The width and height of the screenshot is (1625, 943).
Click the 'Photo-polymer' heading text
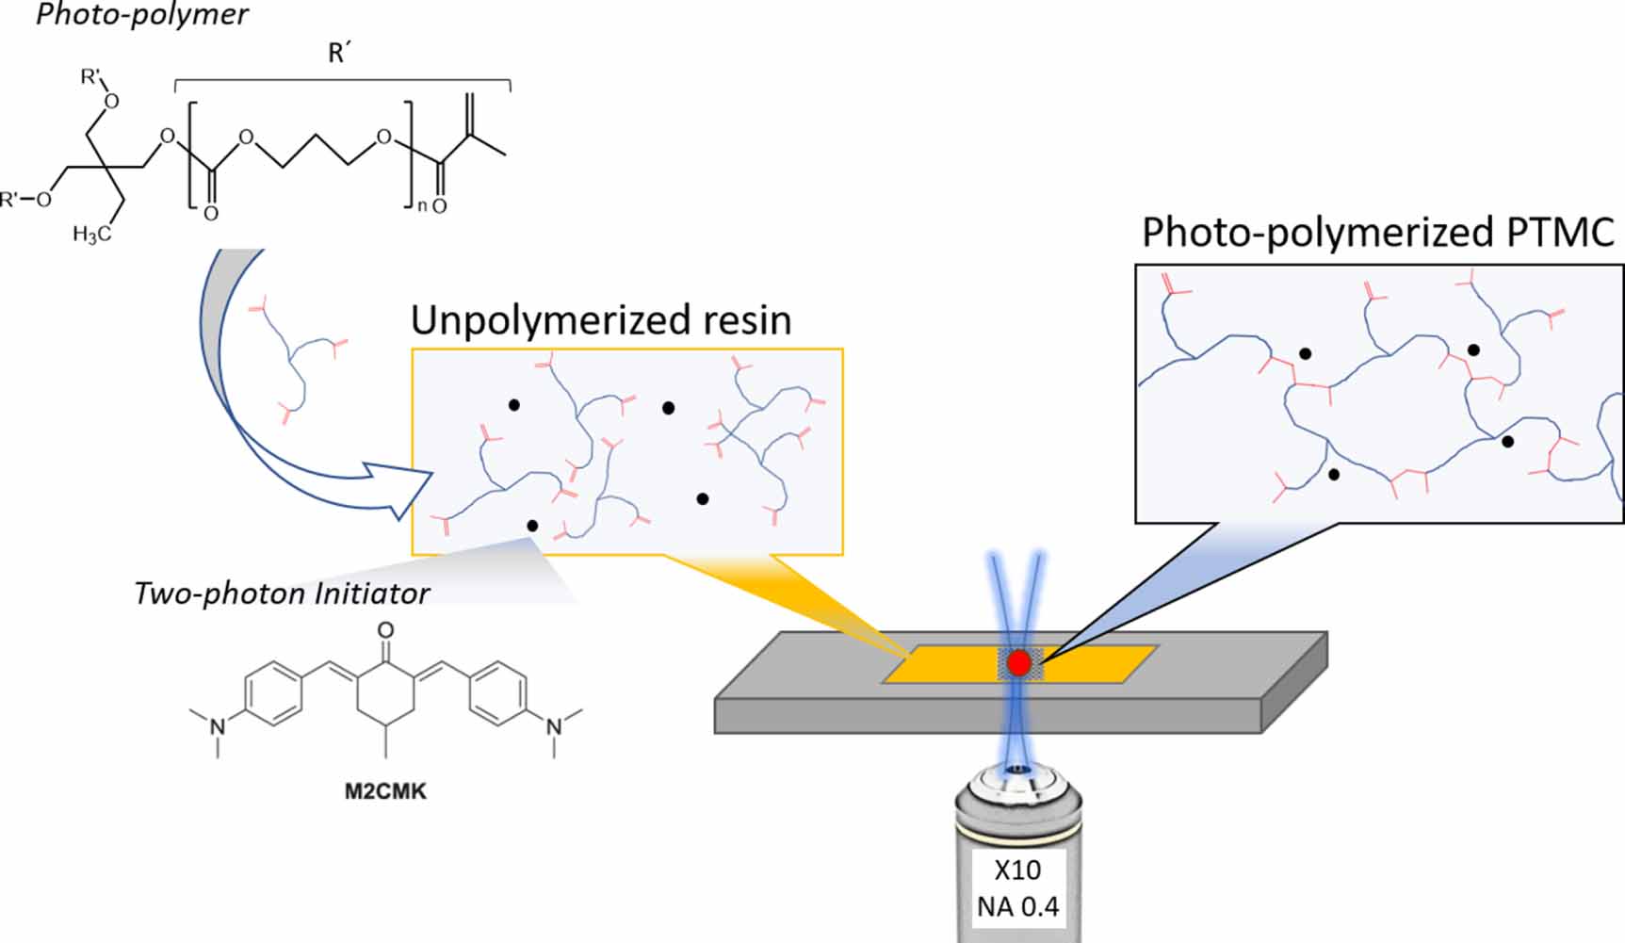click(141, 15)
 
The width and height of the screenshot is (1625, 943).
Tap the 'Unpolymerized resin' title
click(600, 320)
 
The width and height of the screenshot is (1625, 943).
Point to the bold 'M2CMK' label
click(384, 791)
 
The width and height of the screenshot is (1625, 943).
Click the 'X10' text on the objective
click(1017, 870)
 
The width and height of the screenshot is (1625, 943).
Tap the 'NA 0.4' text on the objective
click(1017, 907)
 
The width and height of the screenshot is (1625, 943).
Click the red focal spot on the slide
click(1018, 662)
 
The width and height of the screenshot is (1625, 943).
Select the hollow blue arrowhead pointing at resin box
click(400, 490)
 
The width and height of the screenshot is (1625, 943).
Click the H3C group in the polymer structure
click(92, 234)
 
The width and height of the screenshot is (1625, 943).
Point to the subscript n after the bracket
click(421, 204)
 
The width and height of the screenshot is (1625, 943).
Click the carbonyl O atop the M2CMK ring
click(384, 630)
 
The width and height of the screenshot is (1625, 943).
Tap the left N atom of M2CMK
click(218, 726)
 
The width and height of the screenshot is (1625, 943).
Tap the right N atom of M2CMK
click(554, 726)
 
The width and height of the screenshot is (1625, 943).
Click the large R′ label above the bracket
click(339, 54)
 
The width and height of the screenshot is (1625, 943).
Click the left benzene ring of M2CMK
click(273, 695)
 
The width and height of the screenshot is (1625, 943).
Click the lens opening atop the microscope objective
click(1017, 770)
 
